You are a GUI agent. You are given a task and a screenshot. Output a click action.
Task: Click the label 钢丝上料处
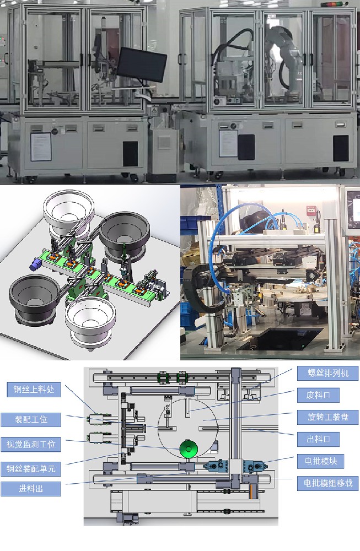click(34, 390)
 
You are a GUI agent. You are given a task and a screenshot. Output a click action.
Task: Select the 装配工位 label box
click(30, 419)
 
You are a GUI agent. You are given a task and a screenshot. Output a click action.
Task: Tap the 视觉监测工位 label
click(30, 444)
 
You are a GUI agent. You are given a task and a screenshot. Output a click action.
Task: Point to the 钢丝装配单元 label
click(30, 469)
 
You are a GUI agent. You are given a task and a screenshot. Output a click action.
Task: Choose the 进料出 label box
click(30, 489)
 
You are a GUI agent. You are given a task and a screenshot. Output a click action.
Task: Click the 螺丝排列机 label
click(327, 373)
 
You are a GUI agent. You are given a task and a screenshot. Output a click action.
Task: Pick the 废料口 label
click(318, 395)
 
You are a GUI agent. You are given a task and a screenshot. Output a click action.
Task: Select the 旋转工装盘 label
click(327, 417)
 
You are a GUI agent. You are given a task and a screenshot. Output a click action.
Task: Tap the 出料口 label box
click(318, 439)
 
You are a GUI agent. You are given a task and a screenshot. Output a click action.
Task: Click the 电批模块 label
click(320, 461)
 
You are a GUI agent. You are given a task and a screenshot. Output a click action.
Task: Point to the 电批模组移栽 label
click(327, 483)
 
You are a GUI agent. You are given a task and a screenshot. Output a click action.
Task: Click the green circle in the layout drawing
click(189, 449)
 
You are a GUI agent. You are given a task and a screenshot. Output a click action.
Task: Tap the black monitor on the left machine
click(141, 64)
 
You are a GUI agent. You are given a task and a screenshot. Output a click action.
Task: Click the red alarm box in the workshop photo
click(310, 210)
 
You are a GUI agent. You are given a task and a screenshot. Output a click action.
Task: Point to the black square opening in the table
click(280, 340)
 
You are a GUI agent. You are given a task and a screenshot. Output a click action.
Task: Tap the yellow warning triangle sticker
click(154, 110)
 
